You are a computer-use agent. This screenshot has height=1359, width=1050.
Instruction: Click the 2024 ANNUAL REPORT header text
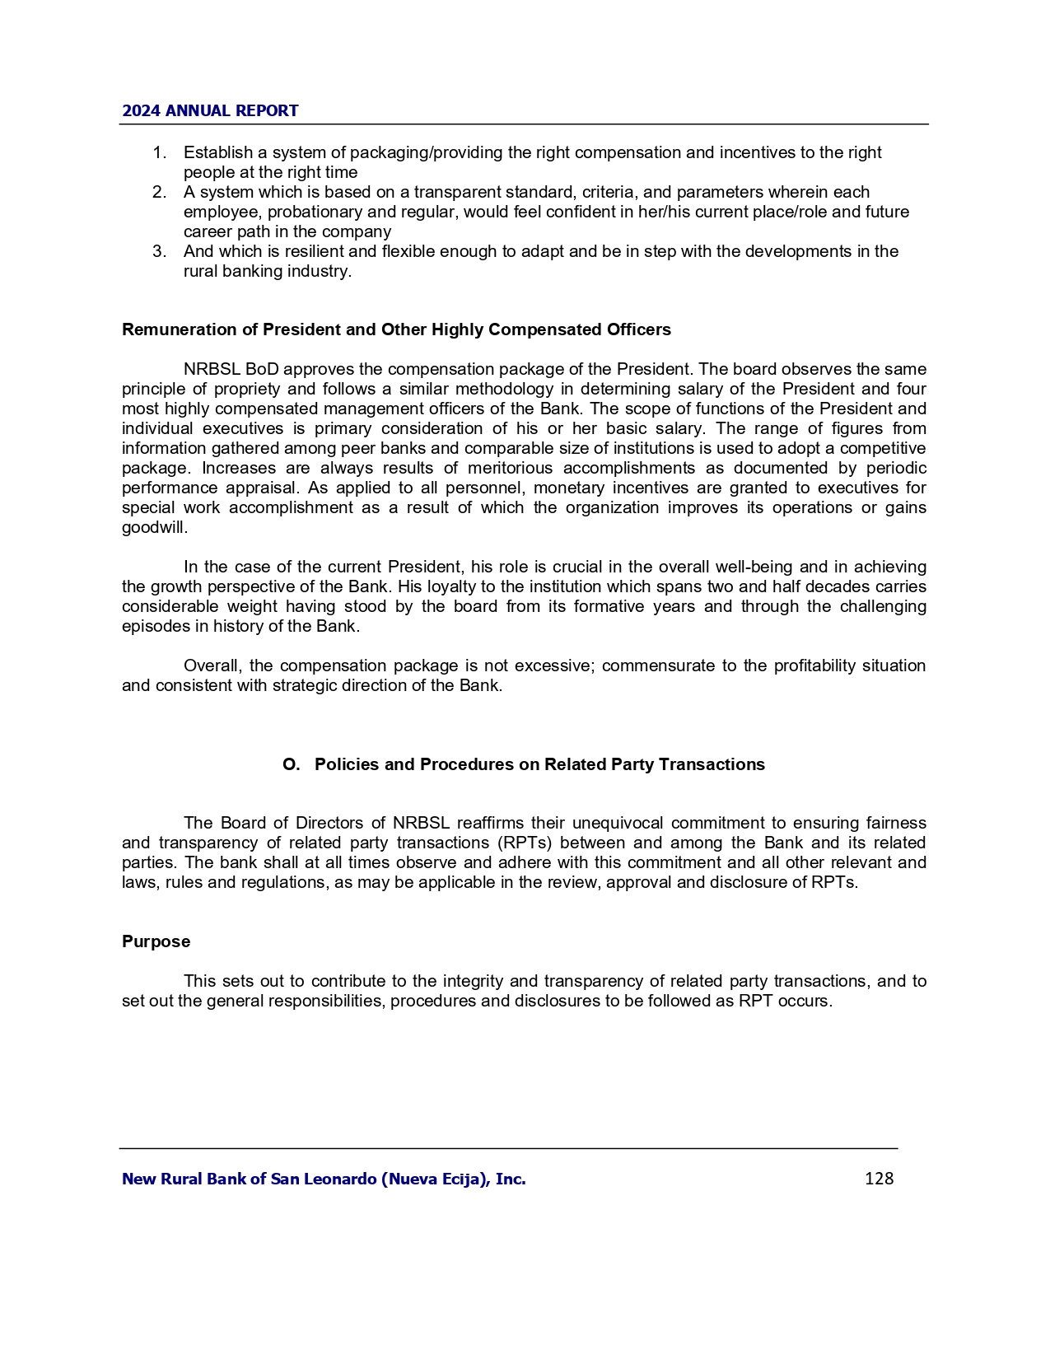tap(210, 111)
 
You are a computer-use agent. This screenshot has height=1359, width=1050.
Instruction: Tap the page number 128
tap(879, 1179)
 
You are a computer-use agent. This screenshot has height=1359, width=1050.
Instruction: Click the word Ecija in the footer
tap(467, 1179)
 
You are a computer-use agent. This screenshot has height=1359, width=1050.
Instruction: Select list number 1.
tap(159, 152)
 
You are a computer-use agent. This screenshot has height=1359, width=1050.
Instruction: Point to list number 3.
tap(159, 251)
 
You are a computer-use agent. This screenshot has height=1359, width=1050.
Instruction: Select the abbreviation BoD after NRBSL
tap(262, 369)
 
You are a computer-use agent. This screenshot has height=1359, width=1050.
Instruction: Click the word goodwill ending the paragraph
tap(153, 527)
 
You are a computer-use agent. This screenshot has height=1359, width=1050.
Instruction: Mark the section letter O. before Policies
tap(291, 764)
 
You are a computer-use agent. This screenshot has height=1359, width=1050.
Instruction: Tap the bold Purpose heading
tap(156, 941)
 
